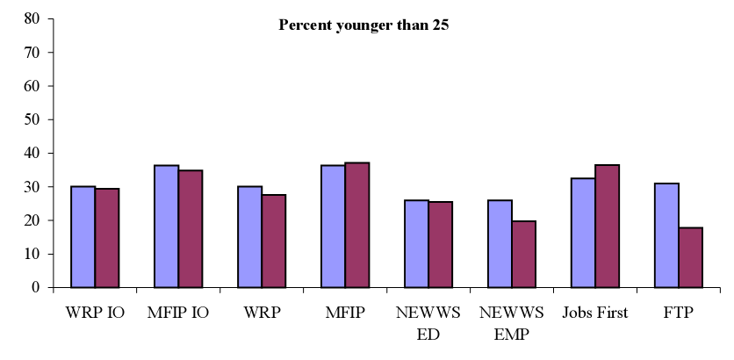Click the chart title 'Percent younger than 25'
[x=363, y=25]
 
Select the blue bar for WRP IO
[x=83, y=237]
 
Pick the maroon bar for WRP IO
[x=107, y=238]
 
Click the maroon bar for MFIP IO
[x=191, y=229]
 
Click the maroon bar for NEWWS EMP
[x=524, y=255]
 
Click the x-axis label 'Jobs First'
[x=595, y=313]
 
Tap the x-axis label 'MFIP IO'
[x=178, y=313]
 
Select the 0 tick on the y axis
[x=34, y=288]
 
